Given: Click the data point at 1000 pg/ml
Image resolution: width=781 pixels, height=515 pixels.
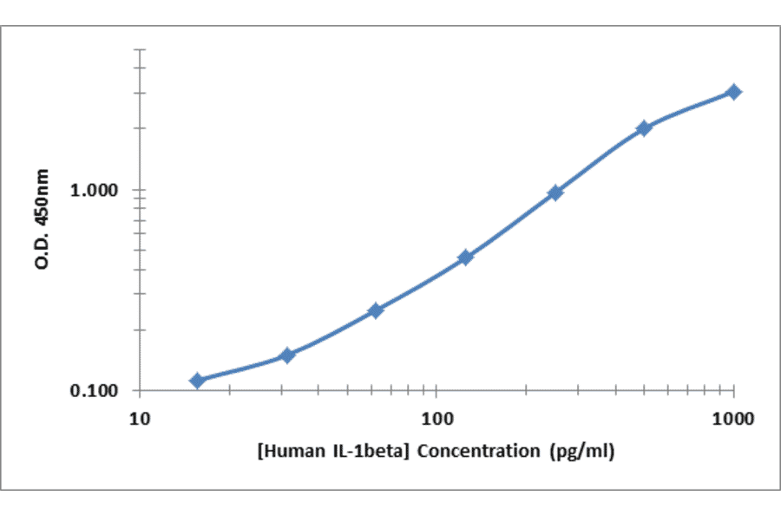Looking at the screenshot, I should (734, 92).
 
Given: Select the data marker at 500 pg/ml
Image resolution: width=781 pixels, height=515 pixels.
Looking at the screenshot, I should (644, 128).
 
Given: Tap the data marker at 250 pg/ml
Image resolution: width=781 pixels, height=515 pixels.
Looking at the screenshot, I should (555, 192).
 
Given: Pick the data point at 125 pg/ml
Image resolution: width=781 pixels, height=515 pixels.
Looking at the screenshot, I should (465, 257).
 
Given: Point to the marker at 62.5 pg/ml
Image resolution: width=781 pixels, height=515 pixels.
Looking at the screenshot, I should (375, 310).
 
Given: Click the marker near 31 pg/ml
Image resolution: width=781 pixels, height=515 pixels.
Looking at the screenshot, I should (287, 355).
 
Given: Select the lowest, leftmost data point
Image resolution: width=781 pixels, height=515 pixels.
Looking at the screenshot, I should (197, 381).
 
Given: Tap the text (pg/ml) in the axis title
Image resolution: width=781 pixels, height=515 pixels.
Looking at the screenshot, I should (582, 451).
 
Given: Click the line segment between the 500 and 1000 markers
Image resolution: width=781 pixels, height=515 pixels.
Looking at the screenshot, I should (690, 108).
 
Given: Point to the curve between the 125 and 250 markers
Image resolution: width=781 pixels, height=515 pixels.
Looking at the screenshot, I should (510, 225).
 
